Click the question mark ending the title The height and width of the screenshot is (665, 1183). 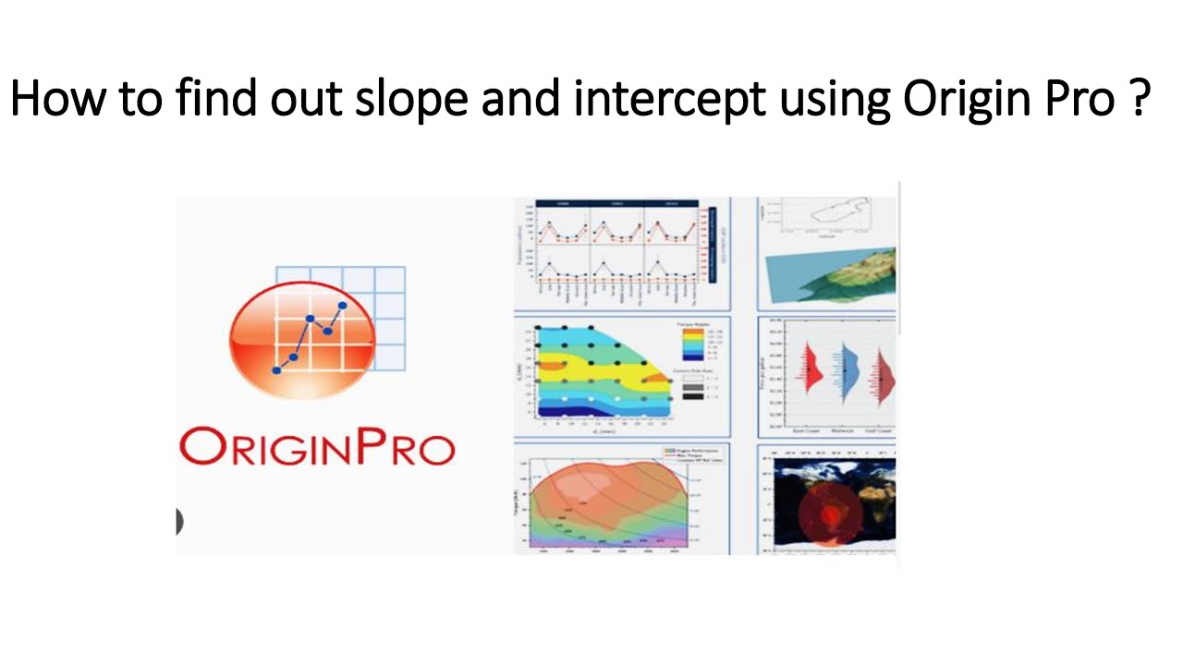coord(1139,99)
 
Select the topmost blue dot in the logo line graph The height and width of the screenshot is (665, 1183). coord(343,305)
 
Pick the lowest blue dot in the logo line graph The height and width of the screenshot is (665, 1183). coord(276,370)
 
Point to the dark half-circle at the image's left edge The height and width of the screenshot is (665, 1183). coord(179,521)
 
